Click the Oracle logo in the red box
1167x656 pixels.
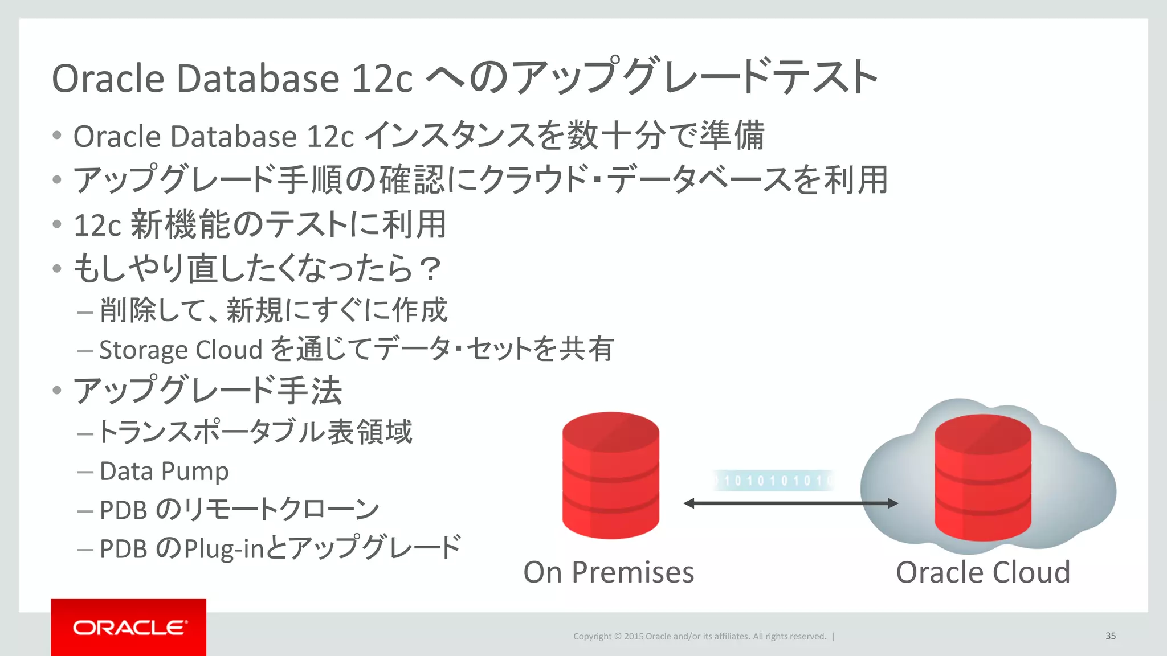[x=129, y=628]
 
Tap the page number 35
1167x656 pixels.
[x=1110, y=636]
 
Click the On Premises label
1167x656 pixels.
[x=609, y=572]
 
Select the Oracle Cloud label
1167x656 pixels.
[x=983, y=572]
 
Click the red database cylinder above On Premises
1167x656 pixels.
[x=610, y=475]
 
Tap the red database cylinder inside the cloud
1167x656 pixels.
[x=982, y=478]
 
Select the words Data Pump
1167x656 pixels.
[x=164, y=471]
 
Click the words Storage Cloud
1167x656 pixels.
[x=181, y=350]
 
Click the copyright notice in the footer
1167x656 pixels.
[x=699, y=637]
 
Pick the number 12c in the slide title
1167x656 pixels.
[x=382, y=79]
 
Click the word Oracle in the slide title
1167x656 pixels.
[x=108, y=79]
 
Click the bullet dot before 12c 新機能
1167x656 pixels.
[x=56, y=224]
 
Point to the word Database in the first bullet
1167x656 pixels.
[x=232, y=137]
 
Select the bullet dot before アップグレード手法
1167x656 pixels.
[x=56, y=391]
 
